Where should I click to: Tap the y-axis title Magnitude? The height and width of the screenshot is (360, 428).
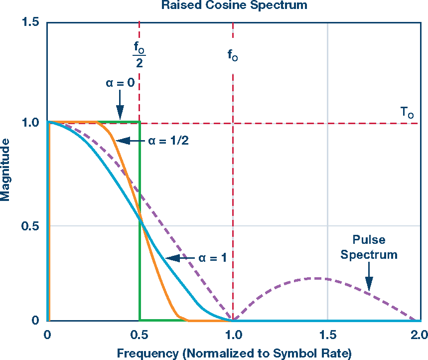coord(5,170)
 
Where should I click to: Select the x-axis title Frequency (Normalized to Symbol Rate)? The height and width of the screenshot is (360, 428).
coord(234,354)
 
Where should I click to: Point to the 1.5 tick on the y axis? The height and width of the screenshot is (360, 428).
coord(31,22)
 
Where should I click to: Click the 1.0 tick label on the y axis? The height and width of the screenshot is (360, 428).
coord(31,122)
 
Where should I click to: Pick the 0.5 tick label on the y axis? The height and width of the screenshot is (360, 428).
coord(31,225)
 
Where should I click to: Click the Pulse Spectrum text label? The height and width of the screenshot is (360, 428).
coord(369,247)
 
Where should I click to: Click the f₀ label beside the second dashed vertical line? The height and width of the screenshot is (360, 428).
coord(233,55)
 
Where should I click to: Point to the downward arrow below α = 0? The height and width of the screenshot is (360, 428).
coord(120,106)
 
